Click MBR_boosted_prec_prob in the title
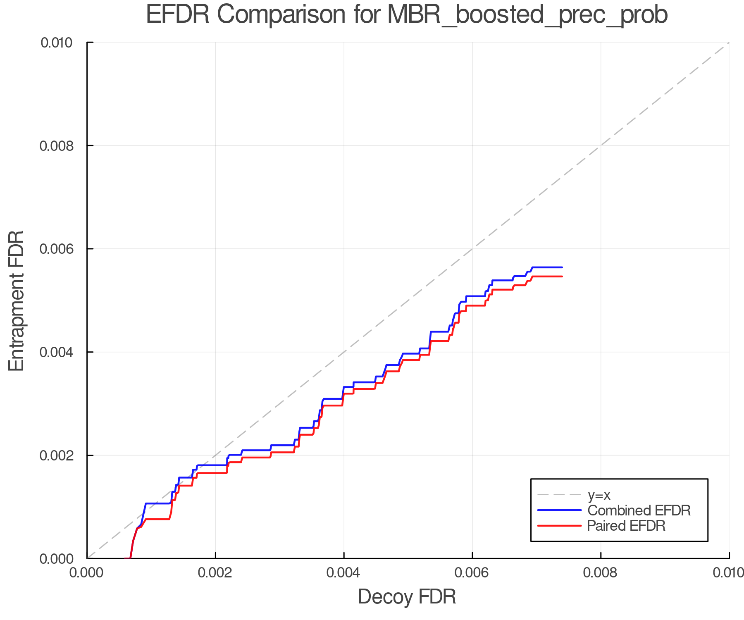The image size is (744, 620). coord(527,15)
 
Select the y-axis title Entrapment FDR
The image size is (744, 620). coord(17,301)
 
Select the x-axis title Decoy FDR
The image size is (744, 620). coord(407,597)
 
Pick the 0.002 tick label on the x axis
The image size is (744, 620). coord(215,573)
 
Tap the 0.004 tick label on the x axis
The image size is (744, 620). coord(344,573)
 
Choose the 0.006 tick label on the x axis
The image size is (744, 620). coord(472,573)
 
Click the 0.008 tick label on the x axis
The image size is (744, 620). coord(601,573)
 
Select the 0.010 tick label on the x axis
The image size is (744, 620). coord(728,573)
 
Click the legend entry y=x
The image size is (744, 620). coord(599,495)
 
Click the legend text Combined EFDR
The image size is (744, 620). coord(639,510)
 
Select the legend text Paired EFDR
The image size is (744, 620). coord(626,526)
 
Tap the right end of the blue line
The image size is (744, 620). coord(562,267)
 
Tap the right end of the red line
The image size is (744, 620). coord(562,277)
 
